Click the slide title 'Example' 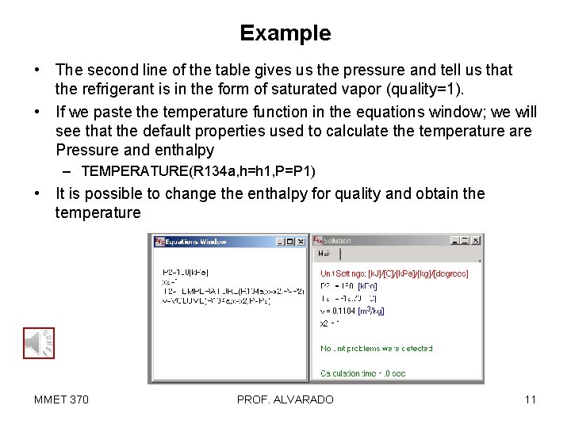click(285, 33)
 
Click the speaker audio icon click(38, 343)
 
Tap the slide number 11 click(530, 399)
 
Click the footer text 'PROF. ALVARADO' click(285, 399)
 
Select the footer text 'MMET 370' click(61, 399)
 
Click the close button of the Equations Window click(301, 242)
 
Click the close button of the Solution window click(476, 240)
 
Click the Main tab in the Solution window click(324, 254)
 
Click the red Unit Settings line click(394, 273)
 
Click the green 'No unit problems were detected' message click(377, 348)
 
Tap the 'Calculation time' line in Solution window click(362, 373)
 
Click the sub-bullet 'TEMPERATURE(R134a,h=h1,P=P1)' click(198, 171)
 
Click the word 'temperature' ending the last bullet click(98, 212)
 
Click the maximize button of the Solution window click(466, 240)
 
